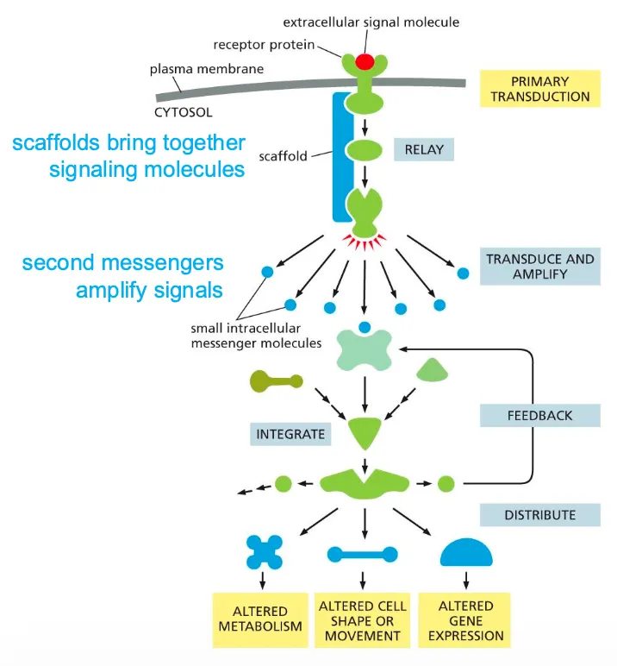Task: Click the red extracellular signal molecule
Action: coord(365,62)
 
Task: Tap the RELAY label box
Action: coord(424,150)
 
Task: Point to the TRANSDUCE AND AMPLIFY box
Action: coord(540,266)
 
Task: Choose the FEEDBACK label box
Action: coord(539,415)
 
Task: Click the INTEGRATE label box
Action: coord(290,433)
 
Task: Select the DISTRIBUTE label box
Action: coord(539,515)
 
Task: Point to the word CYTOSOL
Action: coord(184,112)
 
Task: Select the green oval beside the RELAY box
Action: coord(365,150)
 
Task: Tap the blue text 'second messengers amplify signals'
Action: coord(122,276)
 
